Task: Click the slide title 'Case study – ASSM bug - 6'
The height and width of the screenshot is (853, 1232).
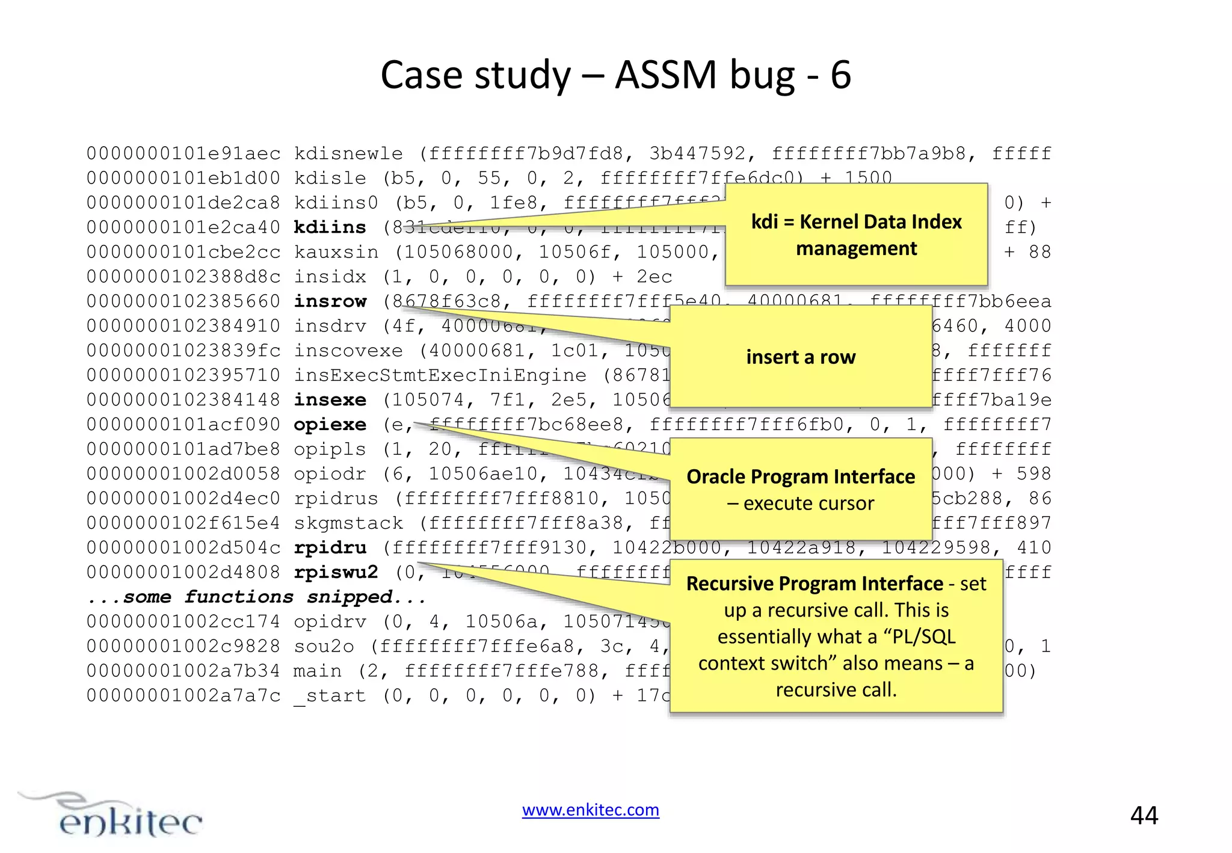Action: (x=615, y=75)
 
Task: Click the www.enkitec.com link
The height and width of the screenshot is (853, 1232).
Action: (x=590, y=810)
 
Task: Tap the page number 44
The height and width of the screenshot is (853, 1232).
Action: (x=1144, y=816)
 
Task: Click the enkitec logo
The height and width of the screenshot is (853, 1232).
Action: (x=111, y=816)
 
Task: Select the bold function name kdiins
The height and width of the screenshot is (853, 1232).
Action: (x=330, y=227)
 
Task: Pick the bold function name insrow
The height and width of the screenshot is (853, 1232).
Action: (x=330, y=301)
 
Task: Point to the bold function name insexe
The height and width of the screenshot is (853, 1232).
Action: (x=330, y=400)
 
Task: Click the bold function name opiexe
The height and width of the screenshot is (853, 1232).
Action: (x=330, y=425)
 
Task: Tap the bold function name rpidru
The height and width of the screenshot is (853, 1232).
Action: (x=330, y=548)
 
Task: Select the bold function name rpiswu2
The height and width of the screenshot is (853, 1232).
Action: (x=336, y=573)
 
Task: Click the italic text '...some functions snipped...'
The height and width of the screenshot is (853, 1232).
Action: (x=256, y=597)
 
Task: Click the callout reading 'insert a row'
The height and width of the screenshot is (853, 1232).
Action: (x=801, y=357)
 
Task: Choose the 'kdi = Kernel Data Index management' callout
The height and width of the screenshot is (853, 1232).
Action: (x=856, y=235)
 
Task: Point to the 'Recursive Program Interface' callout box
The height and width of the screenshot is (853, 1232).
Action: (x=836, y=636)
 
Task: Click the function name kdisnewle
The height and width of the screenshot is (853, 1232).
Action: (x=348, y=154)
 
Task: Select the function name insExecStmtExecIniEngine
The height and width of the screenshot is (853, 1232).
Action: (x=440, y=375)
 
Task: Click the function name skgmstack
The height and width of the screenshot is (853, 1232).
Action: (x=348, y=523)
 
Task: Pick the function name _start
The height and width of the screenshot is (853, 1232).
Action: (x=330, y=696)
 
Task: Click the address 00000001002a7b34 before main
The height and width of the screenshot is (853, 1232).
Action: (x=183, y=671)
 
